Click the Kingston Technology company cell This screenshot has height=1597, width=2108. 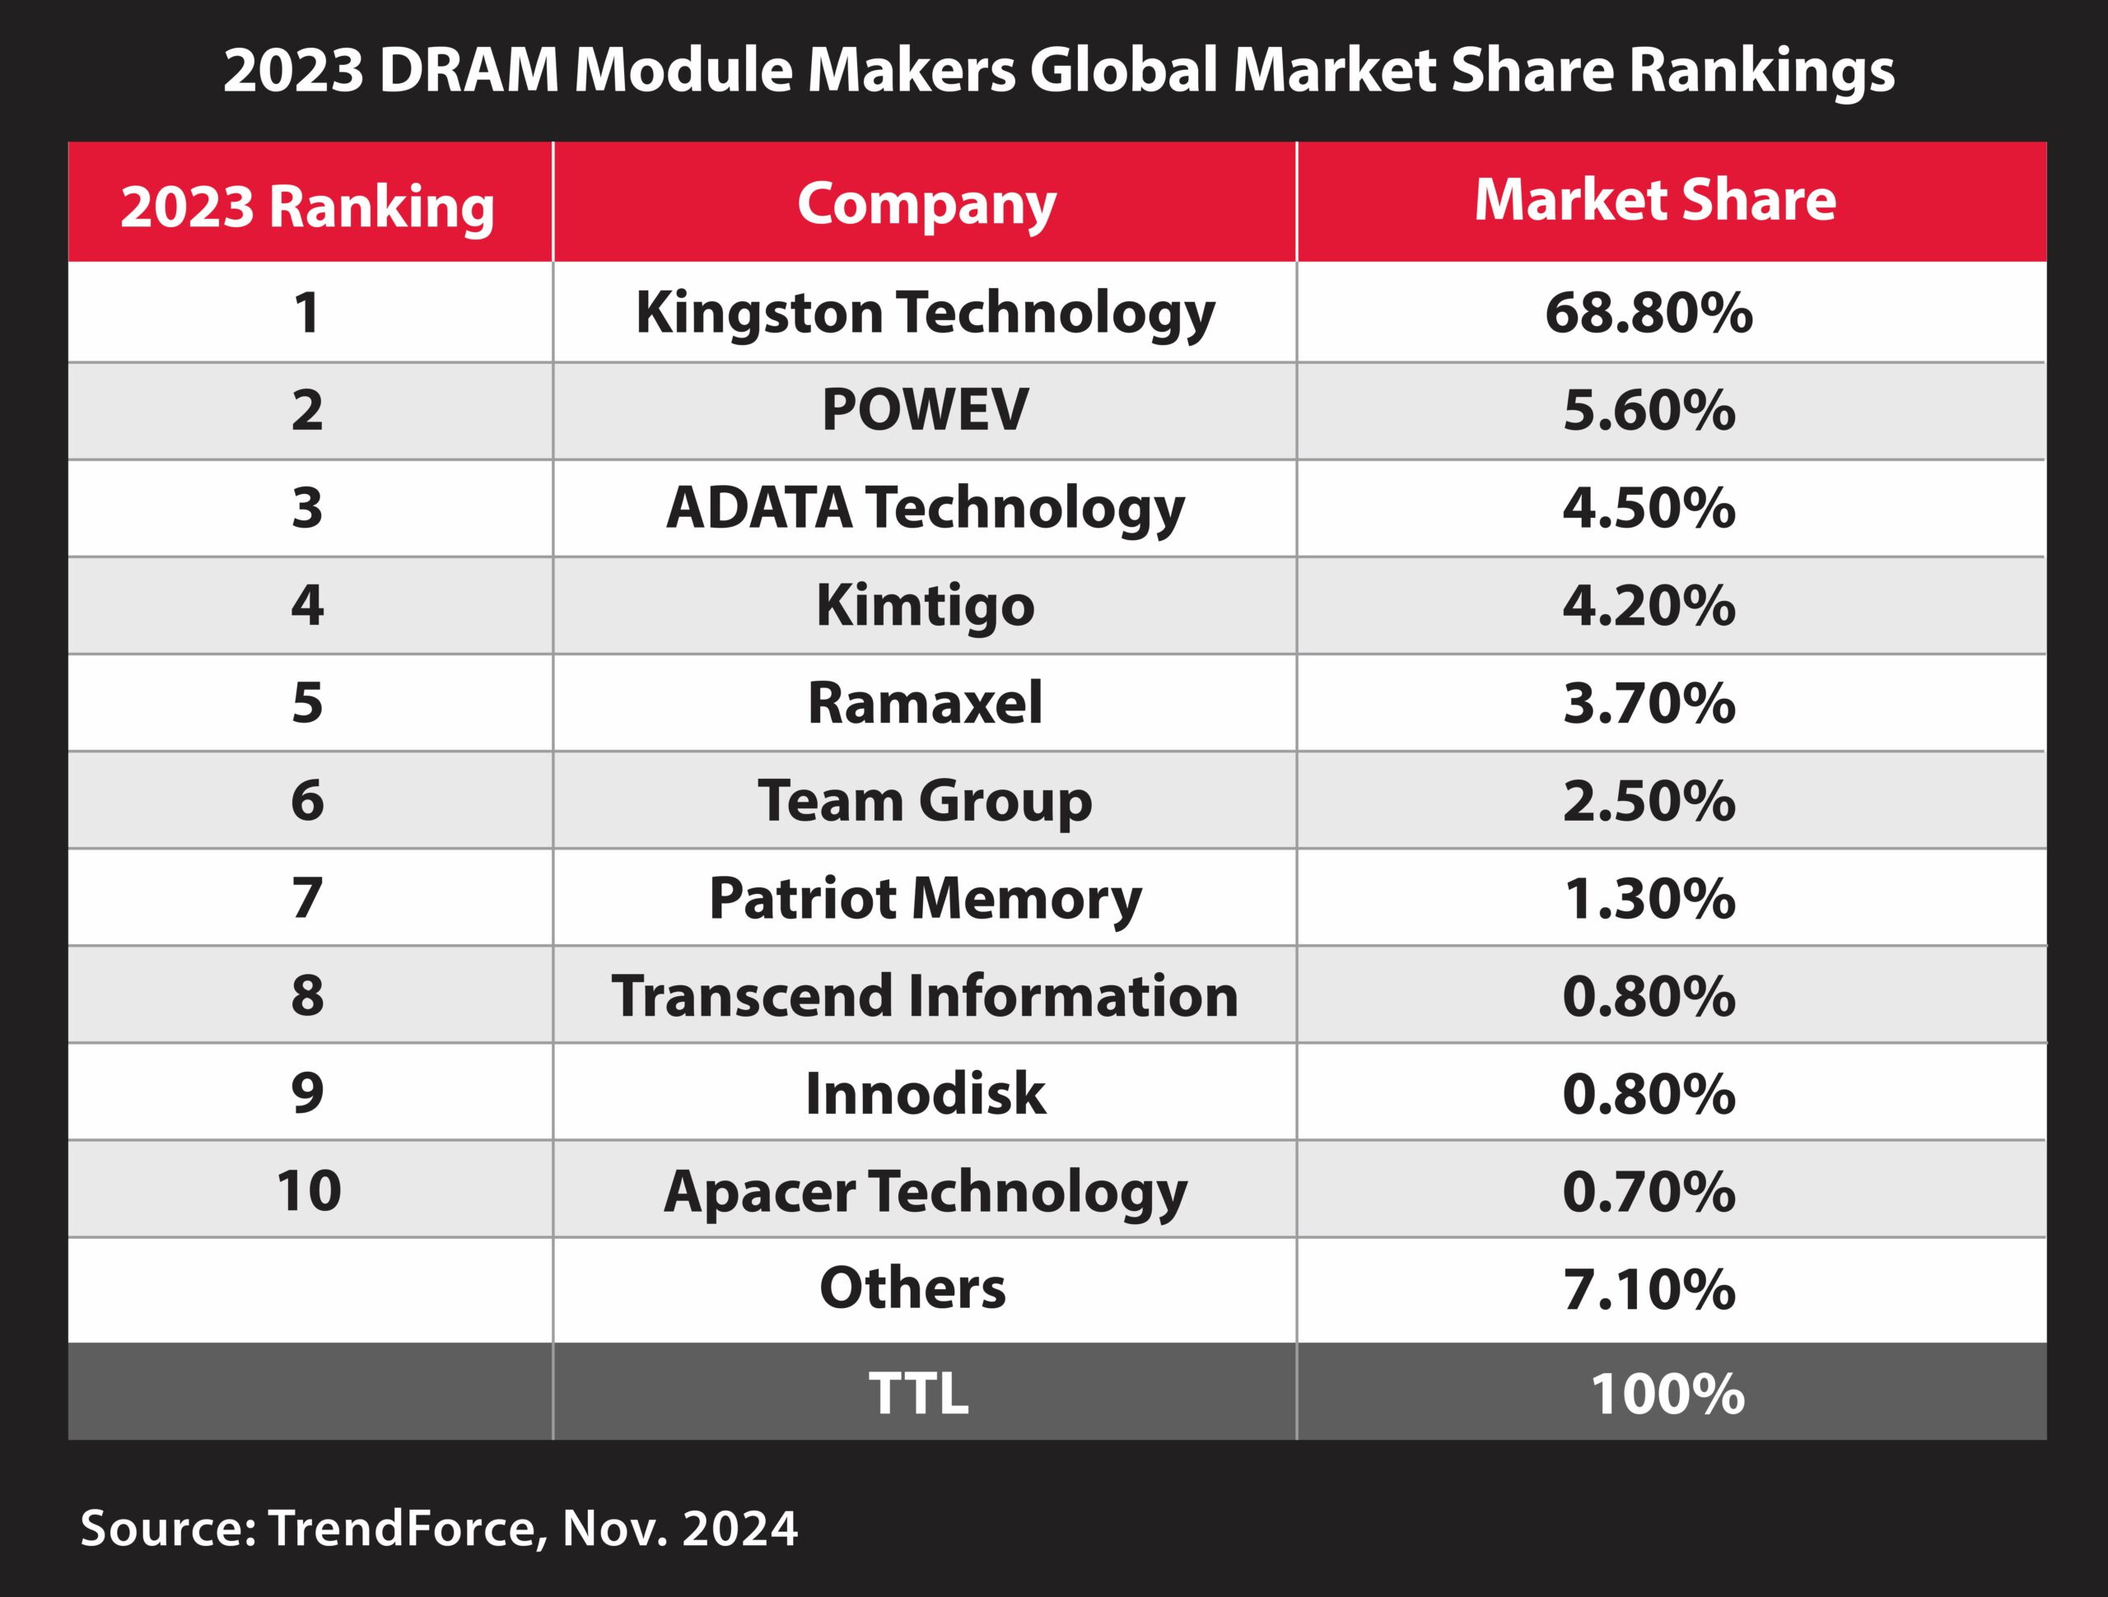click(925, 314)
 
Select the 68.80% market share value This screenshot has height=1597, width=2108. click(1648, 314)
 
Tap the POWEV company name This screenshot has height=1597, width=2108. click(925, 411)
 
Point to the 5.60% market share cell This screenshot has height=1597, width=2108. click(1648, 411)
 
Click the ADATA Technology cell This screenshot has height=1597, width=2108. click(925, 508)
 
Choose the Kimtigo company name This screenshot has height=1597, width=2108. click(925, 606)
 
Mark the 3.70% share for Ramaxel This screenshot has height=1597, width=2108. click(1648, 703)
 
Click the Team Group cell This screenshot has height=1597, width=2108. click(925, 800)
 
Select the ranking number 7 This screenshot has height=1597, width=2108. click(307, 899)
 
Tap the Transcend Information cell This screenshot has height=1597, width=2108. click(925, 996)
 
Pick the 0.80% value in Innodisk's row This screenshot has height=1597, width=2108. click(1648, 1093)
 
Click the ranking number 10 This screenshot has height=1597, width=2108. click(309, 1191)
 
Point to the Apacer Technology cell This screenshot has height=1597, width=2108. click(925, 1192)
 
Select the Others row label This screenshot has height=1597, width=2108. click(912, 1288)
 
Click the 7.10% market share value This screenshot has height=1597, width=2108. click(1648, 1289)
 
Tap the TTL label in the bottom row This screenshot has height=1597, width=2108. click(918, 1393)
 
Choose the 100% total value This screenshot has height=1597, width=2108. click(1667, 1394)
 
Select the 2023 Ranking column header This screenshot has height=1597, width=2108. click(307, 206)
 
